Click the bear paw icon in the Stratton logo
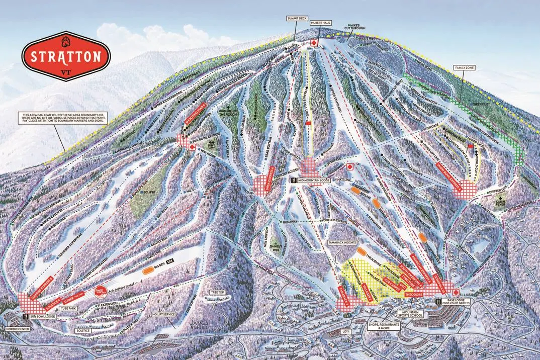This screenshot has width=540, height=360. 66,40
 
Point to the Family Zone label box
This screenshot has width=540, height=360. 465,67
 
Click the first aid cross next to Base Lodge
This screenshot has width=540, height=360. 456,292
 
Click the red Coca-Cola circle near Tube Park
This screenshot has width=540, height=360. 98,291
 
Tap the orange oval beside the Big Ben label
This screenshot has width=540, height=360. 148,271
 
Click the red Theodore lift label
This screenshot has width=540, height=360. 414,291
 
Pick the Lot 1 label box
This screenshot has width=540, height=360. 345,331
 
